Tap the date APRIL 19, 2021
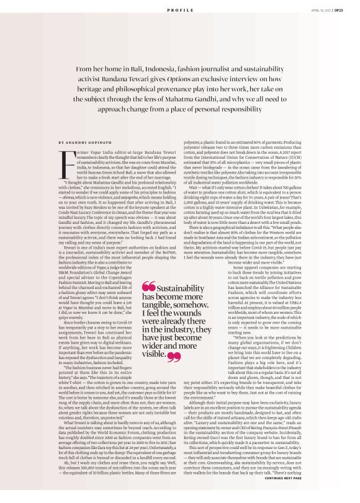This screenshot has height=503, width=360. point(322,11)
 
